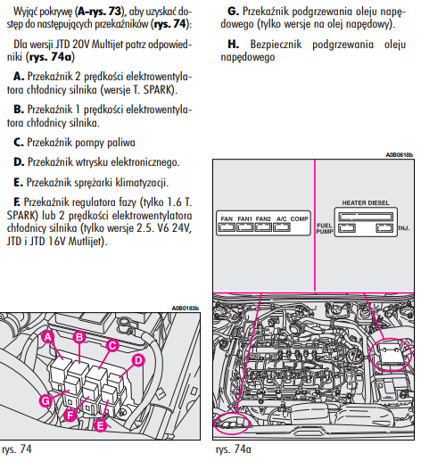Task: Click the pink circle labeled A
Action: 48,337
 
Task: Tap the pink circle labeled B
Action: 79,337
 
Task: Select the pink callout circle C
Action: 112,346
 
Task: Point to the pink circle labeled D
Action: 138,360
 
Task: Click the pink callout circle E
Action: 101,425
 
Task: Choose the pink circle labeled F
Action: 70,415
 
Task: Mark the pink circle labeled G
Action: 45,401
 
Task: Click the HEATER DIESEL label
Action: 366,202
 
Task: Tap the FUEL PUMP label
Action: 325,228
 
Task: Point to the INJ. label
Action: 404,228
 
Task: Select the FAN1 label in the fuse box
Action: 244,218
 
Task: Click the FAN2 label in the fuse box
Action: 263,218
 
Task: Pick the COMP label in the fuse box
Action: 299,218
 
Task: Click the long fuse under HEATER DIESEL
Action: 366,217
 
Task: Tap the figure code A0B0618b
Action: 400,155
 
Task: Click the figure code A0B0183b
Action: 186,309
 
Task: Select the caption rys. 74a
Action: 234,449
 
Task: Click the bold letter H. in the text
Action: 234,45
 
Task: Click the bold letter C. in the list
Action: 19,143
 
